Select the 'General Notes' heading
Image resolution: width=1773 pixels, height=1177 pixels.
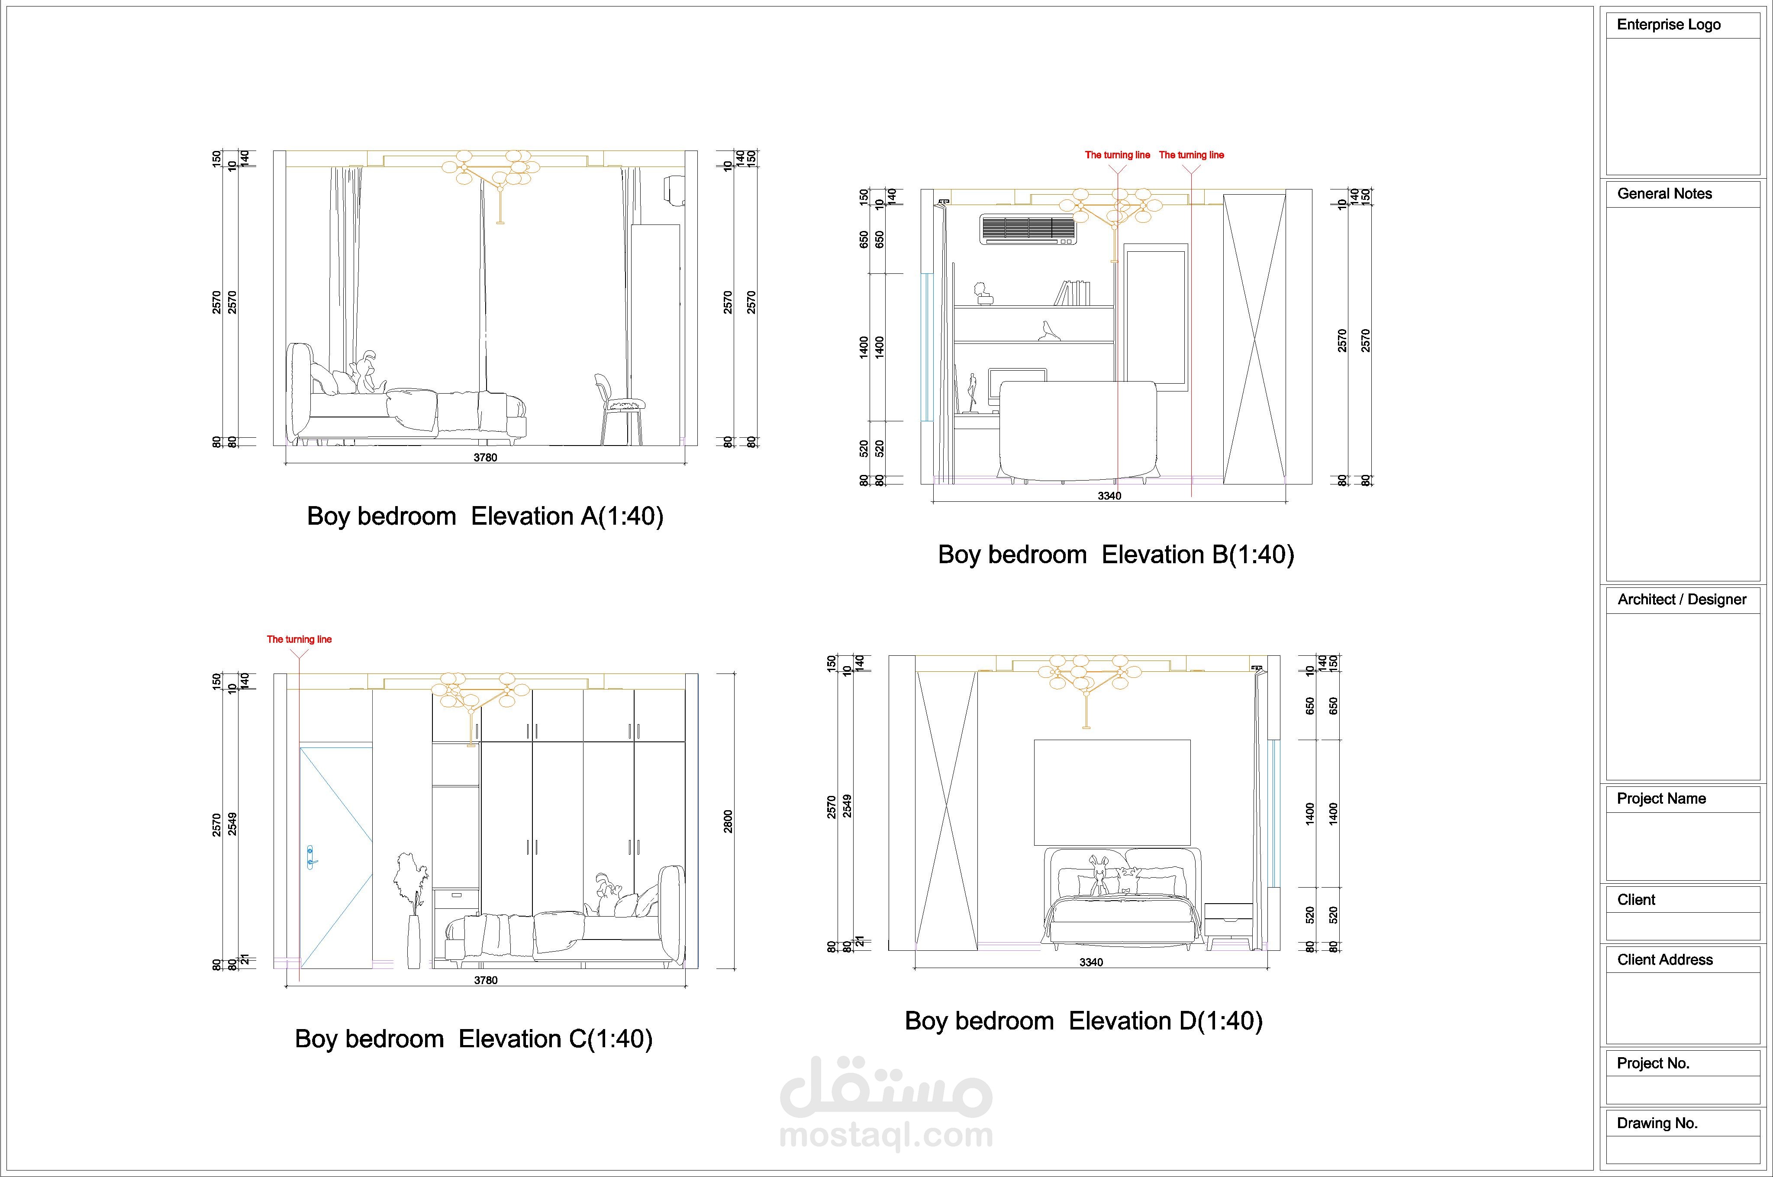point(1664,194)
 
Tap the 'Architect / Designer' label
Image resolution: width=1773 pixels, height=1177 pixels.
point(1681,600)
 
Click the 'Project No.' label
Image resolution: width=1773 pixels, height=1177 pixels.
point(1653,1064)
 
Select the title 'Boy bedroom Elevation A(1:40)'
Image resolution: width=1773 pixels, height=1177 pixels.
point(485,516)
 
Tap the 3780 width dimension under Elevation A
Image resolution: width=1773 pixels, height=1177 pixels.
point(485,457)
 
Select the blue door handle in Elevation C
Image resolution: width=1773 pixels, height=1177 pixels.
point(310,857)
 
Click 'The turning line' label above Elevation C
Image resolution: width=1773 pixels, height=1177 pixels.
point(299,640)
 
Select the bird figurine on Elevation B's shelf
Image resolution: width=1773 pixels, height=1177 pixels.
point(1047,331)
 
